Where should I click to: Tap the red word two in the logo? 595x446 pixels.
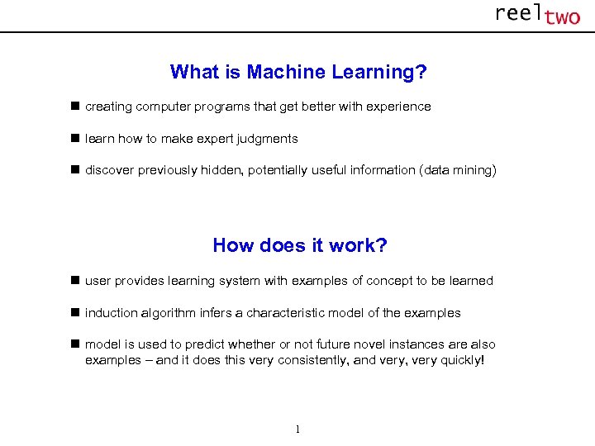tap(562, 17)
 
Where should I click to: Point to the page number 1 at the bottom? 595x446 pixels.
tap(297, 429)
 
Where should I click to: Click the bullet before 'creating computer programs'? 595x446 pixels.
tap(74, 107)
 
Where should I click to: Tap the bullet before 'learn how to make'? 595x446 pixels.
tap(74, 139)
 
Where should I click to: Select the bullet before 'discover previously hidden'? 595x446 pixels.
tap(74, 170)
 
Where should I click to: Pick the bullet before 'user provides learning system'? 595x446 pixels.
tap(74, 281)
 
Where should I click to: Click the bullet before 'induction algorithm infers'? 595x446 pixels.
tap(74, 313)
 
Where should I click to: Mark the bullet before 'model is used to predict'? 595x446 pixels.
tap(74, 344)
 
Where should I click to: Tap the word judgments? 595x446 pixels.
tap(270, 139)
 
